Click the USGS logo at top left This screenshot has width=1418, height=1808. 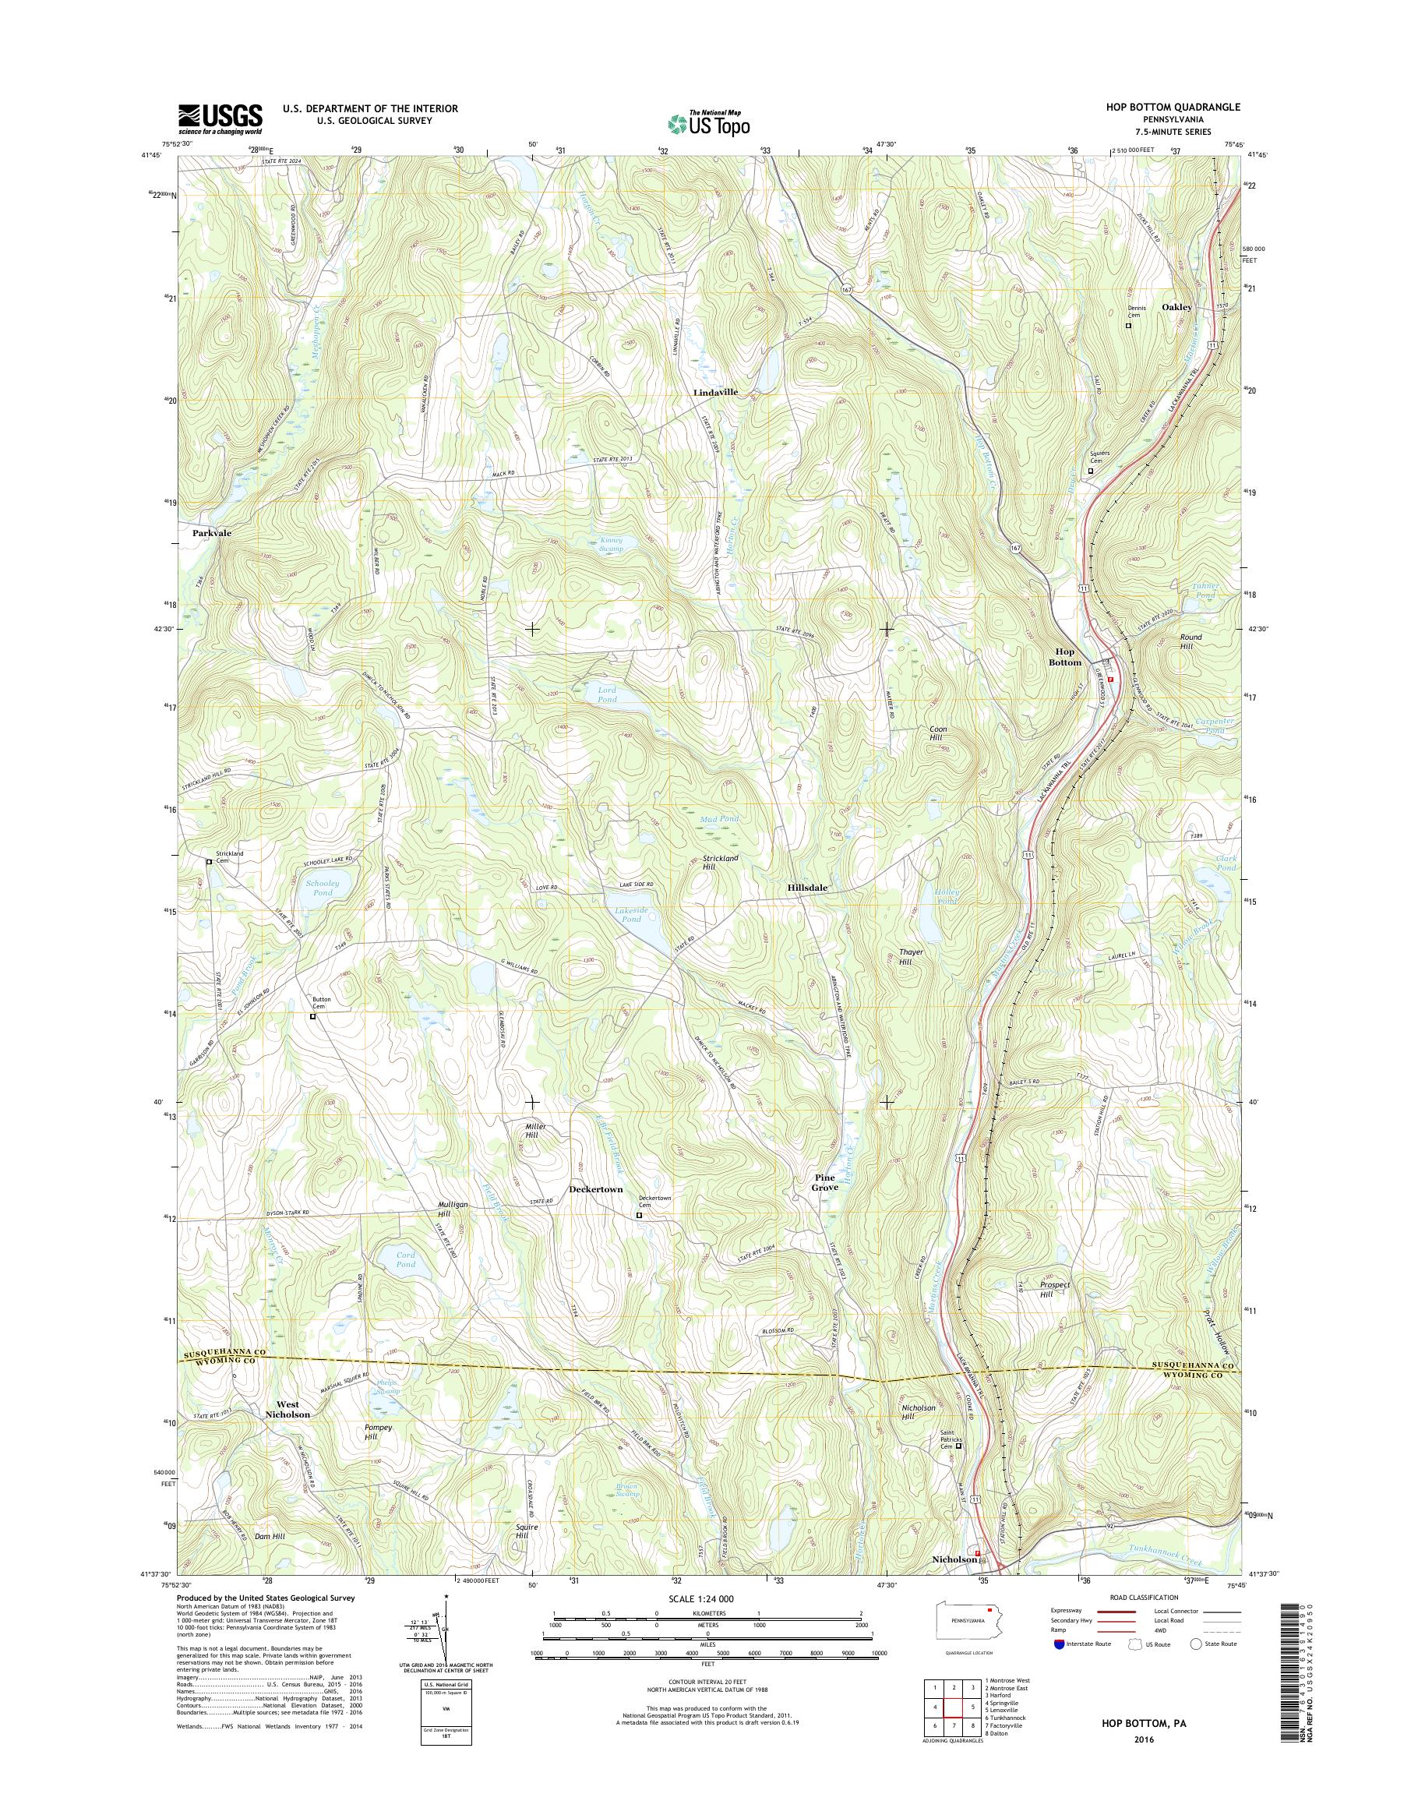point(219,118)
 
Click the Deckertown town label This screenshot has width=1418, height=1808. point(595,1189)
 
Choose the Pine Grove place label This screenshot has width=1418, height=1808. point(825,1183)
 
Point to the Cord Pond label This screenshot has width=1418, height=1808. point(405,1259)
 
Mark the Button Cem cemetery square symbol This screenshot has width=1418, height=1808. point(313,1015)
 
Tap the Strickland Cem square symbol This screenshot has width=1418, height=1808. point(210,862)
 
